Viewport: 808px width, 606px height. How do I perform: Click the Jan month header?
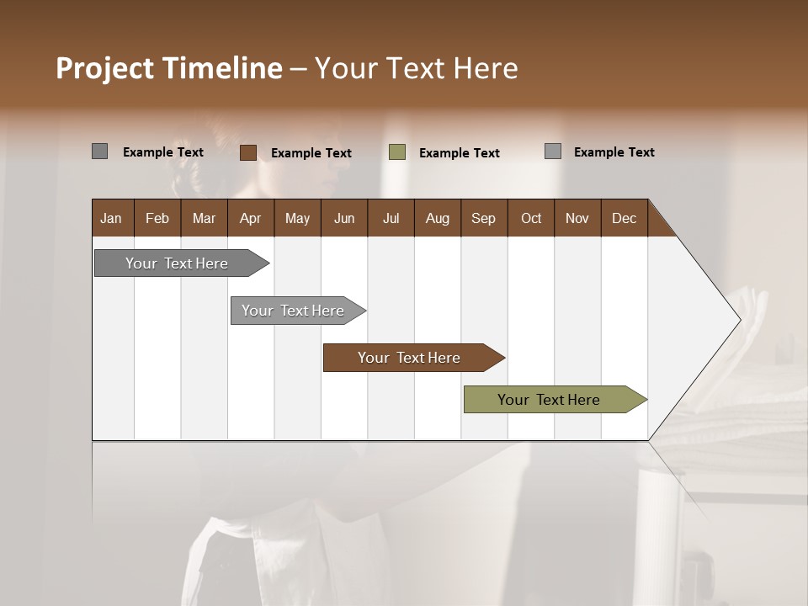tap(111, 218)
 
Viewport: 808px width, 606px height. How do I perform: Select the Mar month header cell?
tap(204, 218)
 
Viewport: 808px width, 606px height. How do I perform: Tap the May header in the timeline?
tap(297, 218)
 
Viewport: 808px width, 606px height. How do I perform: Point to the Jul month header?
tap(391, 218)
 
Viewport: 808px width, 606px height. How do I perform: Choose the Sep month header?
tap(483, 218)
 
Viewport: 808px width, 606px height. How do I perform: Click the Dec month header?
tap(624, 218)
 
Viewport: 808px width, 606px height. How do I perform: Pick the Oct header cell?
tap(531, 218)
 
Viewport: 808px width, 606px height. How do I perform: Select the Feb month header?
tap(157, 218)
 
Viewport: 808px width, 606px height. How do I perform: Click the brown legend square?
tap(248, 152)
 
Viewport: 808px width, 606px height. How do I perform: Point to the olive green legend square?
tap(397, 152)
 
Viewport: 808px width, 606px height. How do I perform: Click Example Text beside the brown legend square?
tap(311, 153)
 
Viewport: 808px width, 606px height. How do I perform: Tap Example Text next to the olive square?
tap(460, 153)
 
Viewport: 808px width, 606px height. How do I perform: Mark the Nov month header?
tap(577, 218)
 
